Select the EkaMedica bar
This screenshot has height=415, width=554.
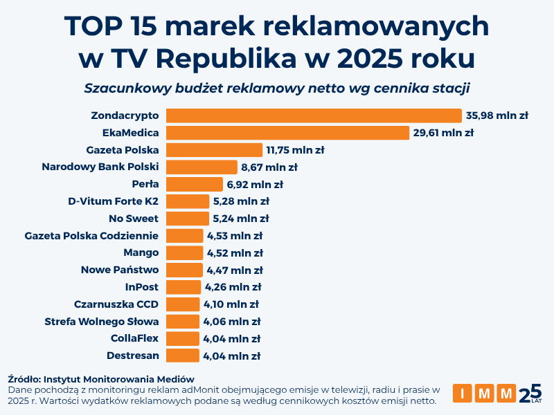tap(287, 133)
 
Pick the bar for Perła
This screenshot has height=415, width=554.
tap(195, 184)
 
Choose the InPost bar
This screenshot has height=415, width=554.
tap(184, 287)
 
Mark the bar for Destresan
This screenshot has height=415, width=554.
tap(183, 356)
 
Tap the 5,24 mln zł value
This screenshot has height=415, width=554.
tap(241, 219)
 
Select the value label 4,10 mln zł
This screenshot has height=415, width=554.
tap(231, 304)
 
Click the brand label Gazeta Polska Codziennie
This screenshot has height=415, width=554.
tap(91, 236)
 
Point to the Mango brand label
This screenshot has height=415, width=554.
tap(141, 252)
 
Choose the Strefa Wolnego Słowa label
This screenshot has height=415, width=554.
tap(102, 321)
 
